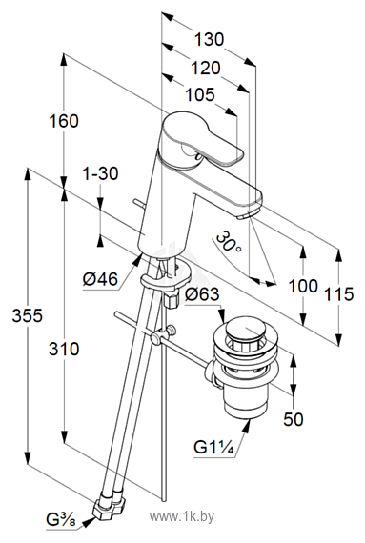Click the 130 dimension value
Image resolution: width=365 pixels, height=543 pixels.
(x=209, y=39)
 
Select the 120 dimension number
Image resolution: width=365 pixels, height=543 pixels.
(x=206, y=68)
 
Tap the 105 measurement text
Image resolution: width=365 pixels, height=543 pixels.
(x=200, y=94)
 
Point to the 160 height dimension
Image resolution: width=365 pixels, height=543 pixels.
(x=64, y=121)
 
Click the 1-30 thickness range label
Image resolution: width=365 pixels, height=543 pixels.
(x=100, y=173)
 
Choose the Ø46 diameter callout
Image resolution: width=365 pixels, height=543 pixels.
(x=100, y=279)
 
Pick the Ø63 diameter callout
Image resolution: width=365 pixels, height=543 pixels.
(x=202, y=294)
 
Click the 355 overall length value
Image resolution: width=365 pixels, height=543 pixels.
(x=28, y=315)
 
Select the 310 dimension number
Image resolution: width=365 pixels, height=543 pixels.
(x=64, y=349)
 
